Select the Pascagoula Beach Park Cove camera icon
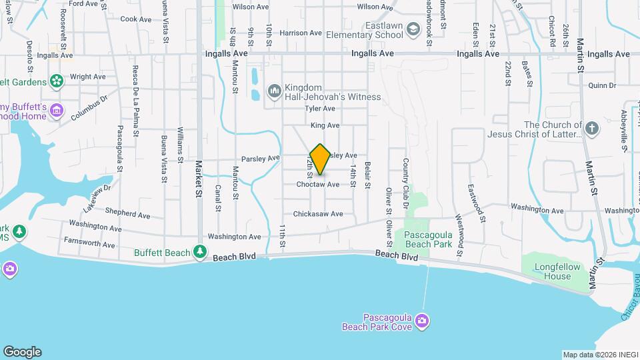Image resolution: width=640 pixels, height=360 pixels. (x=421, y=322)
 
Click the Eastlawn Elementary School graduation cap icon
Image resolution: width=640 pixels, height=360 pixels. (x=413, y=29)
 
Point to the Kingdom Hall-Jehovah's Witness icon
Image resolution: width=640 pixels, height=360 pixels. (x=274, y=90)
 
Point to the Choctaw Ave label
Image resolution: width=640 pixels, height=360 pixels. (x=318, y=185)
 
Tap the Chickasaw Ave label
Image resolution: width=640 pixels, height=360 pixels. (x=318, y=214)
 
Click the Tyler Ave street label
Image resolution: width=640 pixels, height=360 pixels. (x=319, y=108)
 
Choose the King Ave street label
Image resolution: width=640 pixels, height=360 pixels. (x=325, y=125)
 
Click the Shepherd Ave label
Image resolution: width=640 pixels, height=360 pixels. (x=127, y=215)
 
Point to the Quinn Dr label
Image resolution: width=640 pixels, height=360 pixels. (x=603, y=85)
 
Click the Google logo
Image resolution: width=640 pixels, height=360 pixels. (x=22, y=352)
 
